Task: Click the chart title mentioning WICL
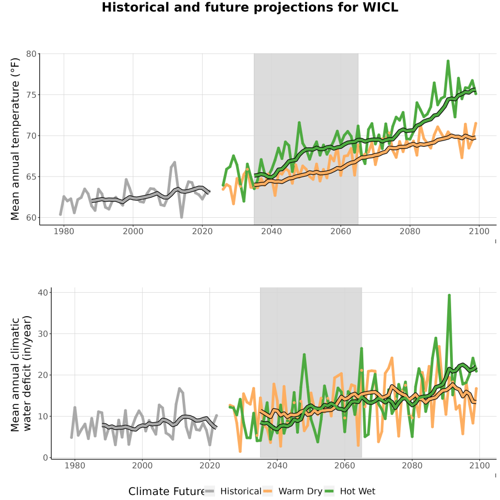[250, 7]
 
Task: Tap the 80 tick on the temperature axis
[31, 54]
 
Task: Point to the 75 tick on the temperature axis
[31, 94]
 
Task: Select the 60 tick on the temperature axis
[31, 217]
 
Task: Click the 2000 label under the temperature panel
[133, 231]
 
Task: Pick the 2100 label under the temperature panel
[479, 231]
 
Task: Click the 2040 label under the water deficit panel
[277, 466]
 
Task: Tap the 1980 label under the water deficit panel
[74, 466]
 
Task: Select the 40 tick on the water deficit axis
[43, 292]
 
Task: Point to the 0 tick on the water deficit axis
[46, 458]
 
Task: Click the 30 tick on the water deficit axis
[43, 333]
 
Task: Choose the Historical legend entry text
[241, 491]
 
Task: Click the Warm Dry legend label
[301, 492]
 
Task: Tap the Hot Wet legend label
[357, 491]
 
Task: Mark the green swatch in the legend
[329, 491]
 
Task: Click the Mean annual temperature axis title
[15, 139]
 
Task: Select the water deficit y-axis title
[21, 373]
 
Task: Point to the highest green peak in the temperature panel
[448, 61]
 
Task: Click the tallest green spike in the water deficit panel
[449, 296]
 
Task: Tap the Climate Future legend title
[166, 492]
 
